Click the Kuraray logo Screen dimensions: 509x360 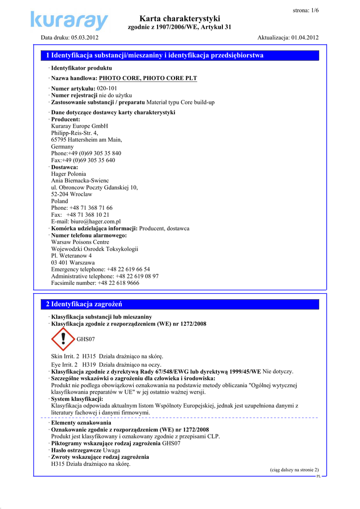[69, 20]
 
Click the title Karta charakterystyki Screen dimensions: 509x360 [180, 18]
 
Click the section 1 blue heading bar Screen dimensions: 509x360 [180, 55]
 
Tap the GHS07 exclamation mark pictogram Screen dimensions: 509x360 [63, 339]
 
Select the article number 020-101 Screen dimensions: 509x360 [107, 88]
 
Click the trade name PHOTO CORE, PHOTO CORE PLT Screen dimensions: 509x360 [148, 78]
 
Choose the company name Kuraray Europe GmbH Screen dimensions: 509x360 [80, 126]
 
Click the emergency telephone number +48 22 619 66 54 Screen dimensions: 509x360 [128, 269]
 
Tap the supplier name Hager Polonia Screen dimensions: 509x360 [69, 174]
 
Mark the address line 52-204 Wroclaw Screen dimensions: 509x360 [72, 194]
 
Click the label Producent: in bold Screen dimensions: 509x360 [66, 119]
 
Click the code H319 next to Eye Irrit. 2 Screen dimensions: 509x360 [90, 364]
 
